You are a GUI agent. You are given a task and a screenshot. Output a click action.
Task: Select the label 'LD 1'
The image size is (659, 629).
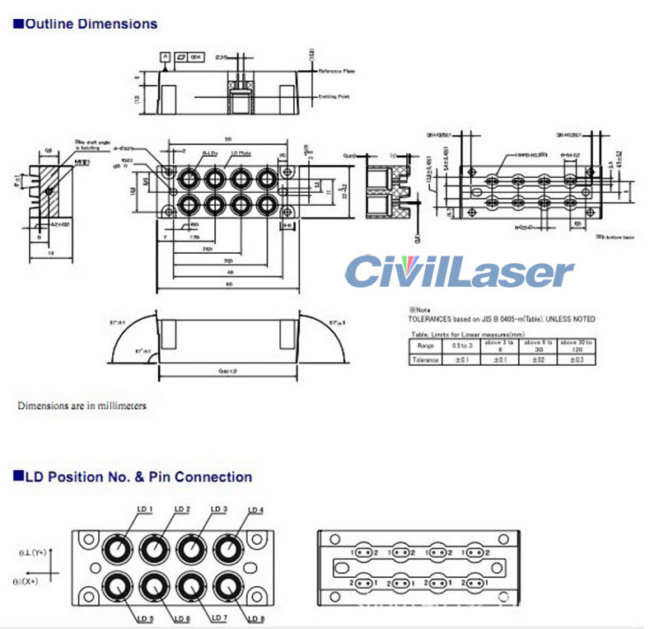tap(144, 509)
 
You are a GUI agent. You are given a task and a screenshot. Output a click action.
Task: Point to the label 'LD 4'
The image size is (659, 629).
tap(255, 510)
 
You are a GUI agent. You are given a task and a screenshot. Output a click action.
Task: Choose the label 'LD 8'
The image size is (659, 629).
tap(255, 617)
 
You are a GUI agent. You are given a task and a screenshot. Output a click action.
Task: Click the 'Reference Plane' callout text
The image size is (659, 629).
tap(337, 72)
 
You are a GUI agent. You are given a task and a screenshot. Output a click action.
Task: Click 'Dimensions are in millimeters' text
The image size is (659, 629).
tap(82, 406)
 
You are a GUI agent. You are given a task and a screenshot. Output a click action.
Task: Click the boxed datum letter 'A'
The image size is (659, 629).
tap(166, 57)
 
